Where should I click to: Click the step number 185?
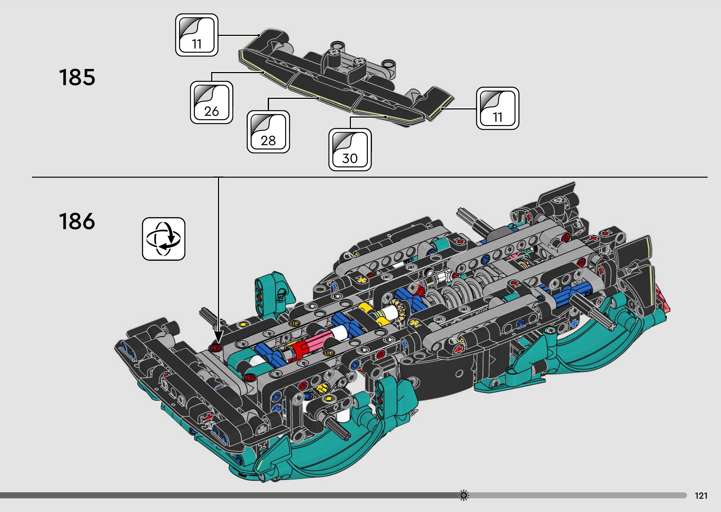pyautogui.click(x=77, y=77)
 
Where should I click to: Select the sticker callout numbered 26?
pyautogui.click(x=211, y=102)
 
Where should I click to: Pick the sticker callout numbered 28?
pyautogui.click(x=268, y=132)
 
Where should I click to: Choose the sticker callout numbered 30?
pyautogui.click(x=350, y=149)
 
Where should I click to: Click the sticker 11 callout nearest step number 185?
pyautogui.click(x=197, y=35)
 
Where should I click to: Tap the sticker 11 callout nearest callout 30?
pyautogui.click(x=497, y=108)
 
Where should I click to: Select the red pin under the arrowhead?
pyautogui.click(x=216, y=347)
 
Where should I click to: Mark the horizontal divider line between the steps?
pyautogui.click(x=369, y=177)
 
